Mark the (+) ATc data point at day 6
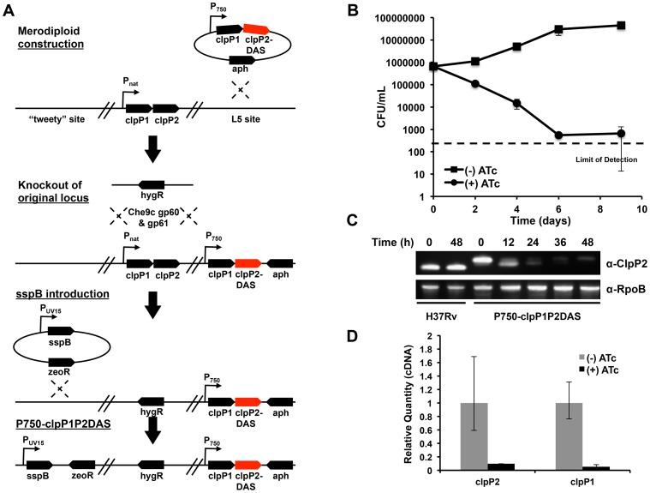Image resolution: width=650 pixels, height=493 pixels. pyautogui.click(x=558, y=135)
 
